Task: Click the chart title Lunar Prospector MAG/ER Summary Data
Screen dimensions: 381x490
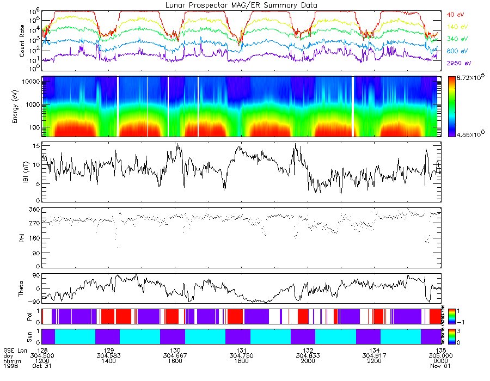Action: coord(241,5)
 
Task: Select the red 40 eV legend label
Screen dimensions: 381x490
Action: coord(455,14)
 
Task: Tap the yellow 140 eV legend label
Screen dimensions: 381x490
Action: coord(457,26)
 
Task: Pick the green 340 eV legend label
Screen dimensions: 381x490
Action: coord(457,39)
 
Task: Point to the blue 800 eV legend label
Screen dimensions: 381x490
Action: coord(457,51)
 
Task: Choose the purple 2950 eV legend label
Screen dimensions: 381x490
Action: coord(458,63)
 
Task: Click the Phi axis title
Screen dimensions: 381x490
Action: coord(22,238)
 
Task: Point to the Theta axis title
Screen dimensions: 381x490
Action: coord(22,288)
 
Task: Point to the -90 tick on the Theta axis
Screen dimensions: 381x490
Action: coord(34,301)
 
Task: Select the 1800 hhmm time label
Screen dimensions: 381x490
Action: coord(242,360)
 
